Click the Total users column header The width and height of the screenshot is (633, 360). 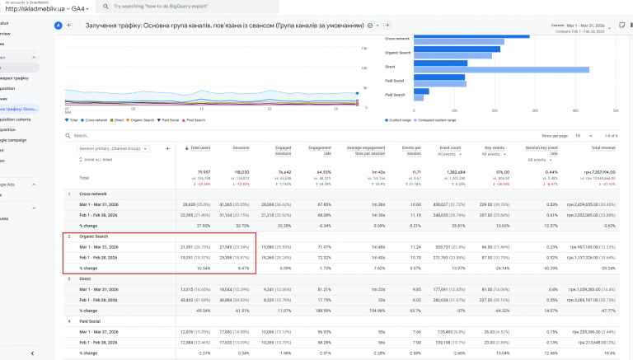200,148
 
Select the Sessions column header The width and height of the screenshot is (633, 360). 241,148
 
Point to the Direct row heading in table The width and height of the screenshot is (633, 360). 84,278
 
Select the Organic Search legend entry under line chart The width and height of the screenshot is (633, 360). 142,119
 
